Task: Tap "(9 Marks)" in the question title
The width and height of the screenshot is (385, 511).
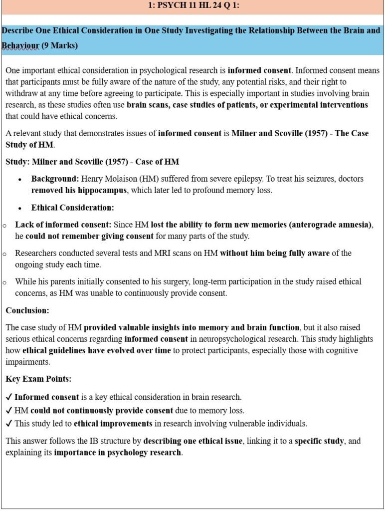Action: (x=60, y=45)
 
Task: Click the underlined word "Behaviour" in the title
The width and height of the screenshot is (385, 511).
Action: (x=20, y=45)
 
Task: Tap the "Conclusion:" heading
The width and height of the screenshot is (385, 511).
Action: (x=27, y=310)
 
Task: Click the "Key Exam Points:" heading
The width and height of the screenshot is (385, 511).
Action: (x=38, y=379)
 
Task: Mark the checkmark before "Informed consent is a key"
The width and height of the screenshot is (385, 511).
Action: (x=9, y=397)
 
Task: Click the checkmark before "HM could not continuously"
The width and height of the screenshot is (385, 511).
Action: (x=9, y=411)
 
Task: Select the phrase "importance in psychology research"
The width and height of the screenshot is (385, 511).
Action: (x=118, y=453)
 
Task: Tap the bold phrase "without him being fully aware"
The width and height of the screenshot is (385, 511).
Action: (x=275, y=253)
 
